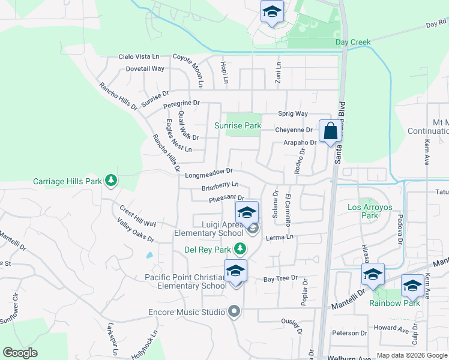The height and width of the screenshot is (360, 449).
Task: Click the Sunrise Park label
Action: [x=238, y=126]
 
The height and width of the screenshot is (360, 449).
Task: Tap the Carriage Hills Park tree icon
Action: [x=110, y=180]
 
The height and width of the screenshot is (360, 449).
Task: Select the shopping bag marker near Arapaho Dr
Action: [x=330, y=131]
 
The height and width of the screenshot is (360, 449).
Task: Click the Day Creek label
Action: [x=353, y=42]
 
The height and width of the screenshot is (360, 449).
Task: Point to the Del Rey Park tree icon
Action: [x=240, y=248]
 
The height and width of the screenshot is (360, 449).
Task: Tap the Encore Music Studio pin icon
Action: [x=234, y=312]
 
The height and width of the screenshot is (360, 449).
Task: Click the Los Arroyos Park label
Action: [x=370, y=211]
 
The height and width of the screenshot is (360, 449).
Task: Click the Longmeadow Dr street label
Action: [x=208, y=175]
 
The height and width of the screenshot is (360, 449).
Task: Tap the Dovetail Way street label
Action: [x=145, y=68]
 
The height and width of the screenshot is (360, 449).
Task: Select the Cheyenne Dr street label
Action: [x=294, y=130]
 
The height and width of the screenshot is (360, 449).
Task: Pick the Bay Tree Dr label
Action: [x=281, y=280]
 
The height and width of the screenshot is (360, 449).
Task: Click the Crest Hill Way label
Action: [x=137, y=217]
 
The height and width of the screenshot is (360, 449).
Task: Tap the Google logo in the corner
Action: [x=20, y=353]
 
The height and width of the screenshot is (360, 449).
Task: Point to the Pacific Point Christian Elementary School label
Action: [x=185, y=281]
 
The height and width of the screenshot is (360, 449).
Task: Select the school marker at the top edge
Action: [x=272, y=12]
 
